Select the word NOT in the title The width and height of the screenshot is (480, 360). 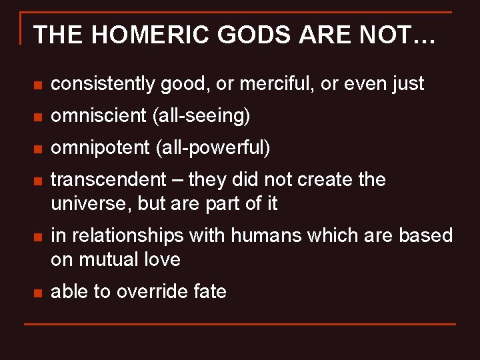tap(385, 35)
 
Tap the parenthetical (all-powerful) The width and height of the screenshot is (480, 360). tap(213, 148)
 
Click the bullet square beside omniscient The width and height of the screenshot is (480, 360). tap(38, 117)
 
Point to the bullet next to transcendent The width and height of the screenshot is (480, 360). tap(38, 181)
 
